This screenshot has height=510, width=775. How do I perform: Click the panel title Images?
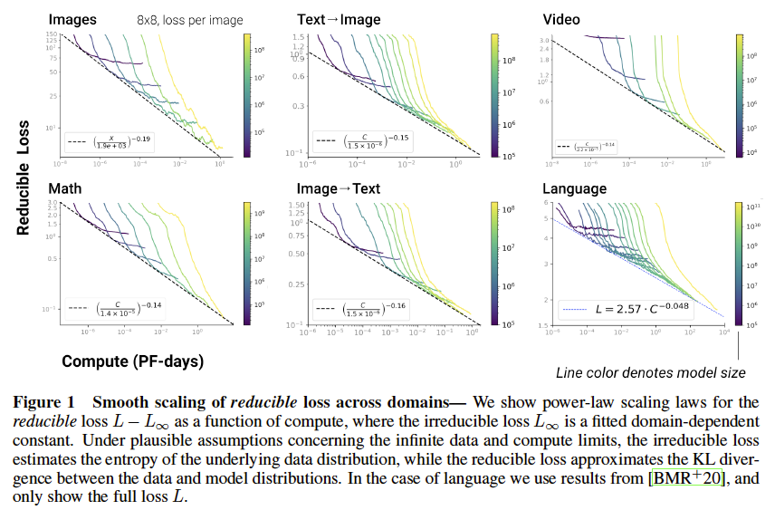pos(73,19)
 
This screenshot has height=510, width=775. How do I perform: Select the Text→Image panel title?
pos(339,19)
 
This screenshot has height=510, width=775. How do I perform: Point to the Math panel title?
pos(66,188)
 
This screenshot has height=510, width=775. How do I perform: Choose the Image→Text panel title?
pos(339,188)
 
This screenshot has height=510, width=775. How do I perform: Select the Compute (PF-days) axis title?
pos(132,361)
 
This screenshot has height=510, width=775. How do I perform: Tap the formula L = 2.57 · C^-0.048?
pos(645,309)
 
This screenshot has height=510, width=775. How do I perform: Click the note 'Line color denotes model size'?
pos(649,372)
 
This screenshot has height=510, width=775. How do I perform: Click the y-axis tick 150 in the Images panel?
pos(52,34)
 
